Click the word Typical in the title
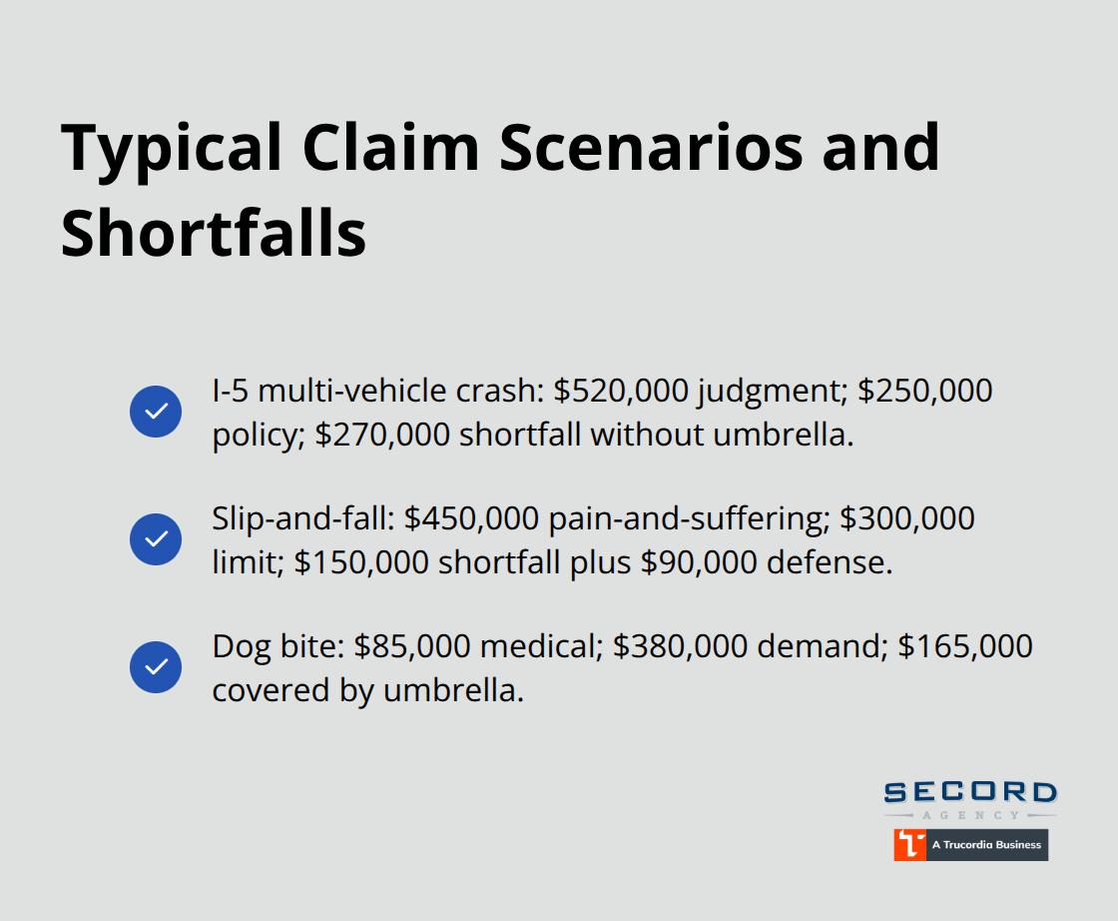[x=172, y=148]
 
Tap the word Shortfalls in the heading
[x=214, y=235]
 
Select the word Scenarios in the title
[x=650, y=148]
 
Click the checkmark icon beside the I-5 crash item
[x=156, y=411]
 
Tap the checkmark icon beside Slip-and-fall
[x=156, y=539]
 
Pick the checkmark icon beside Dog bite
[x=156, y=667]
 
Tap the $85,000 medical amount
[x=411, y=646]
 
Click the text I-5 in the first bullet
[x=230, y=391]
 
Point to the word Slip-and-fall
[x=299, y=518]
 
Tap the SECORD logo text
[x=969, y=793]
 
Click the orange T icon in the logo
[x=908, y=844]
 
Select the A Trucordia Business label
[x=985, y=845]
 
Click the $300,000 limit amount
[x=906, y=518]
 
